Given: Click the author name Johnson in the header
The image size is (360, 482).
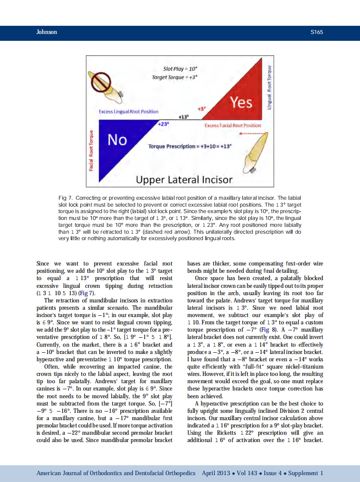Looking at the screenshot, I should tap(46, 32).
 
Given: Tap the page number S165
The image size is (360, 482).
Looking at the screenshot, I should tap(316, 32).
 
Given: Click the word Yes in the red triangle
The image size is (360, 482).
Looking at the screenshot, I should tap(241, 103).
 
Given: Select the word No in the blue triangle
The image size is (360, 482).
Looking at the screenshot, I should tap(117, 140).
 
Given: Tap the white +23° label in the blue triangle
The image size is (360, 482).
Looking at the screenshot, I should tap(162, 124).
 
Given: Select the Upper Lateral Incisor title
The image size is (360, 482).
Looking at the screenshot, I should tap(184, 179).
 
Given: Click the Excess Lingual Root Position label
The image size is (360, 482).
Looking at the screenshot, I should tap(128, 112).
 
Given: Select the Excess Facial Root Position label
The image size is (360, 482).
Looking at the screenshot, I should tap(232, 125).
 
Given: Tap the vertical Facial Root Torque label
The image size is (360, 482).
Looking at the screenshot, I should tap(91, 150).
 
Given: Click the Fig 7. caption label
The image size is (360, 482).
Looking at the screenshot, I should tap(65, 198).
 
